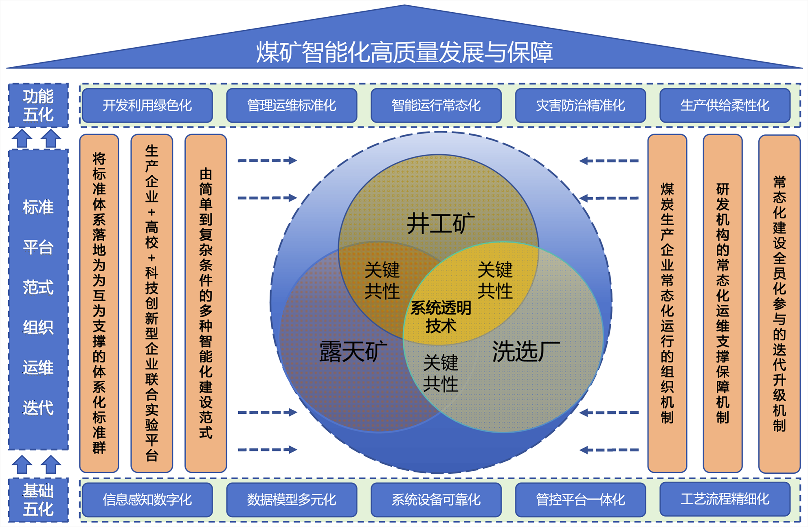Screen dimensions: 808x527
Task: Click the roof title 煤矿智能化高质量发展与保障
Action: click(404, 52)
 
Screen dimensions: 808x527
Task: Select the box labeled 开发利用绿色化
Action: click(147, 105)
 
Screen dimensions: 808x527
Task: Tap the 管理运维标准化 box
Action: click(292, 105)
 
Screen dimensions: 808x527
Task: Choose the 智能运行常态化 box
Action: click(436, 105)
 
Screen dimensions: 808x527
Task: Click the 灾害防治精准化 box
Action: click(580, 105)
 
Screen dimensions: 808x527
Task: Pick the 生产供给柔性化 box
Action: click(725, 105)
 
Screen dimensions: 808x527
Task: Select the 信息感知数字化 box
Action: click(147, 500)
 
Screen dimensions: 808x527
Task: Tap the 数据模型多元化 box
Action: click(292, 500)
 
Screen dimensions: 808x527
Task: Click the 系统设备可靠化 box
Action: click(436, 500)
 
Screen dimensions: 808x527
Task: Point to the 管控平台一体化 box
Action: click(580, 500)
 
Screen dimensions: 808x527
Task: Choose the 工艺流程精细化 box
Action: click(725, 499)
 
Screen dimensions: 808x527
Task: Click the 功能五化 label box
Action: click(38, 105)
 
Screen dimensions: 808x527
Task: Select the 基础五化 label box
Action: click(38, 500)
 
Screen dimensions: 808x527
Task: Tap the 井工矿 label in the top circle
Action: click(441, 224)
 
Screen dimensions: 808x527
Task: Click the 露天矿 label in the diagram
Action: click(353, 351)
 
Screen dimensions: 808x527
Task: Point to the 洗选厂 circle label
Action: click(526, 351)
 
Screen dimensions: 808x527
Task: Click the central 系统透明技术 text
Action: click(441, 317)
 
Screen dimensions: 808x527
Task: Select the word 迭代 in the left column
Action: click(38, 408)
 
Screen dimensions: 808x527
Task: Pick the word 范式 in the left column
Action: click(38, 288)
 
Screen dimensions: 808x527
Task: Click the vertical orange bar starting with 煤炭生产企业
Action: click(667, 303)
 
